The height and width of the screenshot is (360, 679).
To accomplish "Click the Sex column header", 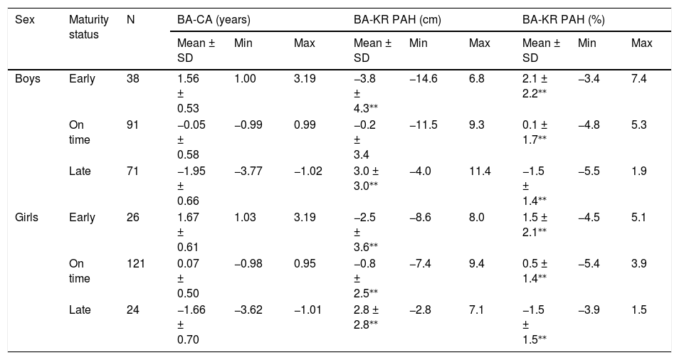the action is [x=25, y=20].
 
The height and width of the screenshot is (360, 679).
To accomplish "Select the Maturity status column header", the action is [x=89, y=27].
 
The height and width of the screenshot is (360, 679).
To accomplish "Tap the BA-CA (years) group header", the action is [x=214, y=20].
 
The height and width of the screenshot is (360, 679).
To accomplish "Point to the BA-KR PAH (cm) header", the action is [x=397, y=20].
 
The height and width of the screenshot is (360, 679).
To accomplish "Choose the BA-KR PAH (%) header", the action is [x=564, y=20].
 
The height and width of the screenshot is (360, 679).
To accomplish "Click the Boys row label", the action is [x=28, y=79].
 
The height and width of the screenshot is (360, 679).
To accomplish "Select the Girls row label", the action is [x=27, y=217].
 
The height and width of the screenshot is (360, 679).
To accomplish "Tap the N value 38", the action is [x=133, y=79].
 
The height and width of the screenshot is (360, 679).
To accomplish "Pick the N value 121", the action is [x=135, y=263].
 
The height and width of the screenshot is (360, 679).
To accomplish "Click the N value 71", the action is [x=132, y=171].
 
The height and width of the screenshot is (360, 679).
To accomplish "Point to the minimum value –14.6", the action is [x=423, y=79].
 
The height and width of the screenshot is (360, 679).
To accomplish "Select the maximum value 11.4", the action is [x=480, y=171].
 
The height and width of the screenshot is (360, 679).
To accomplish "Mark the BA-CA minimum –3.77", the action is [x=248, y=171].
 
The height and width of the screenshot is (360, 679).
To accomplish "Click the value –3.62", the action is [x=248, y=309].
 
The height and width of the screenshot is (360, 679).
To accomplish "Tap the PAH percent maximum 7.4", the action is [x=638, y=79].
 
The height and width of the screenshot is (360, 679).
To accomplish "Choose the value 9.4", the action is [x=476, y=263].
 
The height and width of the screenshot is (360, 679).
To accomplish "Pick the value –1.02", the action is [x=308, y=171].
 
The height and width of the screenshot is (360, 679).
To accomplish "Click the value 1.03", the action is [x=245, y=217].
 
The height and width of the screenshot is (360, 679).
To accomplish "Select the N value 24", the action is [x=133, y=309].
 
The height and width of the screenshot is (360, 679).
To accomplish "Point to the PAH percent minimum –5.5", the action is [x=589, y=171].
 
